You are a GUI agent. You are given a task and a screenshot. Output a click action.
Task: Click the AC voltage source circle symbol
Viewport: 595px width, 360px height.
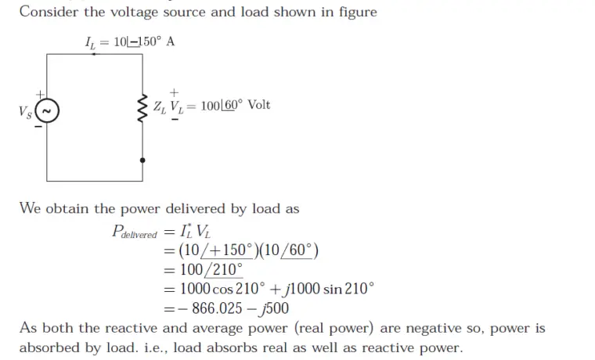tap(46, 111)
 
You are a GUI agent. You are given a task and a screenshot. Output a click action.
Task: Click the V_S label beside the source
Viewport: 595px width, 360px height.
tap(24, 112)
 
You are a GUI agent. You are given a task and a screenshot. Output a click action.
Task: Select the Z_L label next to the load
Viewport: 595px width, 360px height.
tap(159, 106)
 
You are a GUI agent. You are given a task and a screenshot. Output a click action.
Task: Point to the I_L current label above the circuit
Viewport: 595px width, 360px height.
tap(92, 41)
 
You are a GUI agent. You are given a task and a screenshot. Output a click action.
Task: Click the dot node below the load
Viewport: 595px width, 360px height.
tap(142, 160)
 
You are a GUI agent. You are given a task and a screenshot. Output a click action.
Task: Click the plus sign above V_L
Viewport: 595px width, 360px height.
tap(174, 92)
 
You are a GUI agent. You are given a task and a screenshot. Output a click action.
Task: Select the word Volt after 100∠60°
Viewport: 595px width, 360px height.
tap(259, 105)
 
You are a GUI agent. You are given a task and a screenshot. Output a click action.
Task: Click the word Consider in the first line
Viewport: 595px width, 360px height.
tap(49, 12)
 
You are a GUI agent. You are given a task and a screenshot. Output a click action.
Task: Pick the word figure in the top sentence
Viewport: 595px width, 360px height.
tap(353, 12)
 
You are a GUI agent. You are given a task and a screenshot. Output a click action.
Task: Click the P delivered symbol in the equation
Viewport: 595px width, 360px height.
tap(135, 232)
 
